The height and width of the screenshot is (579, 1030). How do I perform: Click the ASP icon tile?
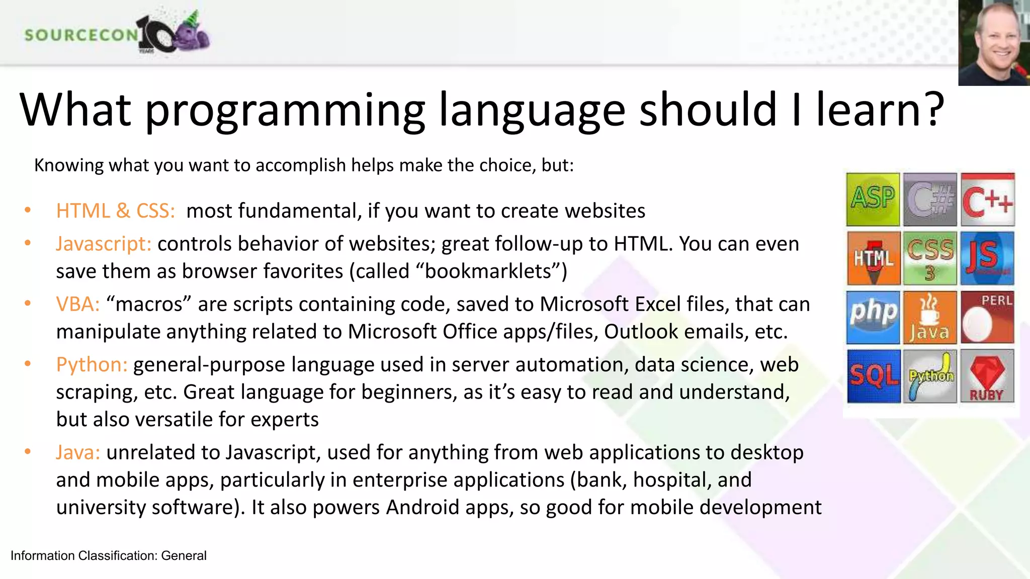coord(873,200)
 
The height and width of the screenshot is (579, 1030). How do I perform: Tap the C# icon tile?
coord(930,200)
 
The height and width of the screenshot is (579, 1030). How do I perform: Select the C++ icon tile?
coord(987,200)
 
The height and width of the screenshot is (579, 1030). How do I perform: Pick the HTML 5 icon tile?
coord(873,258)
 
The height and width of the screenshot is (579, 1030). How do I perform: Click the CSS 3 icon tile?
coord(930,258)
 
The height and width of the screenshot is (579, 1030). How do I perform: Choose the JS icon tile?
coord(987,258)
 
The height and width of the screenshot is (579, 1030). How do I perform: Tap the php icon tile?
coord(873,317)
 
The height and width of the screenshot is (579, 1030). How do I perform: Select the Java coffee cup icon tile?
coord(930,317)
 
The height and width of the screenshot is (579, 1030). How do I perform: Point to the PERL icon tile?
coord(987,317)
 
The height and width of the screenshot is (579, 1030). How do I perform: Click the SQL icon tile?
coord(873,376)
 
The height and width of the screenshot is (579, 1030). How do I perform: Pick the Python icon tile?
coord(930,376)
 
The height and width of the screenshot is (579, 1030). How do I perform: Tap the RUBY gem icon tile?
coord(987,376)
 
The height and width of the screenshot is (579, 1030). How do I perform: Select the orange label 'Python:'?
coord(92,364)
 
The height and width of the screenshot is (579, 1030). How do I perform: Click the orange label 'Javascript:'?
coord(104,244)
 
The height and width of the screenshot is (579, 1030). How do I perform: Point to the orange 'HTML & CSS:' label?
coord(116,211)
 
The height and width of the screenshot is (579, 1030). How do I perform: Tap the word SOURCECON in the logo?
coord(81,35)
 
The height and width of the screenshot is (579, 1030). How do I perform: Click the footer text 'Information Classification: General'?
coord(109,555)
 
